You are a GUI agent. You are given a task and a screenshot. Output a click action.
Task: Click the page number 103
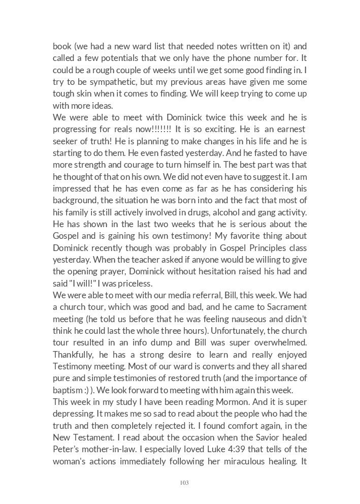click(184, 483)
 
